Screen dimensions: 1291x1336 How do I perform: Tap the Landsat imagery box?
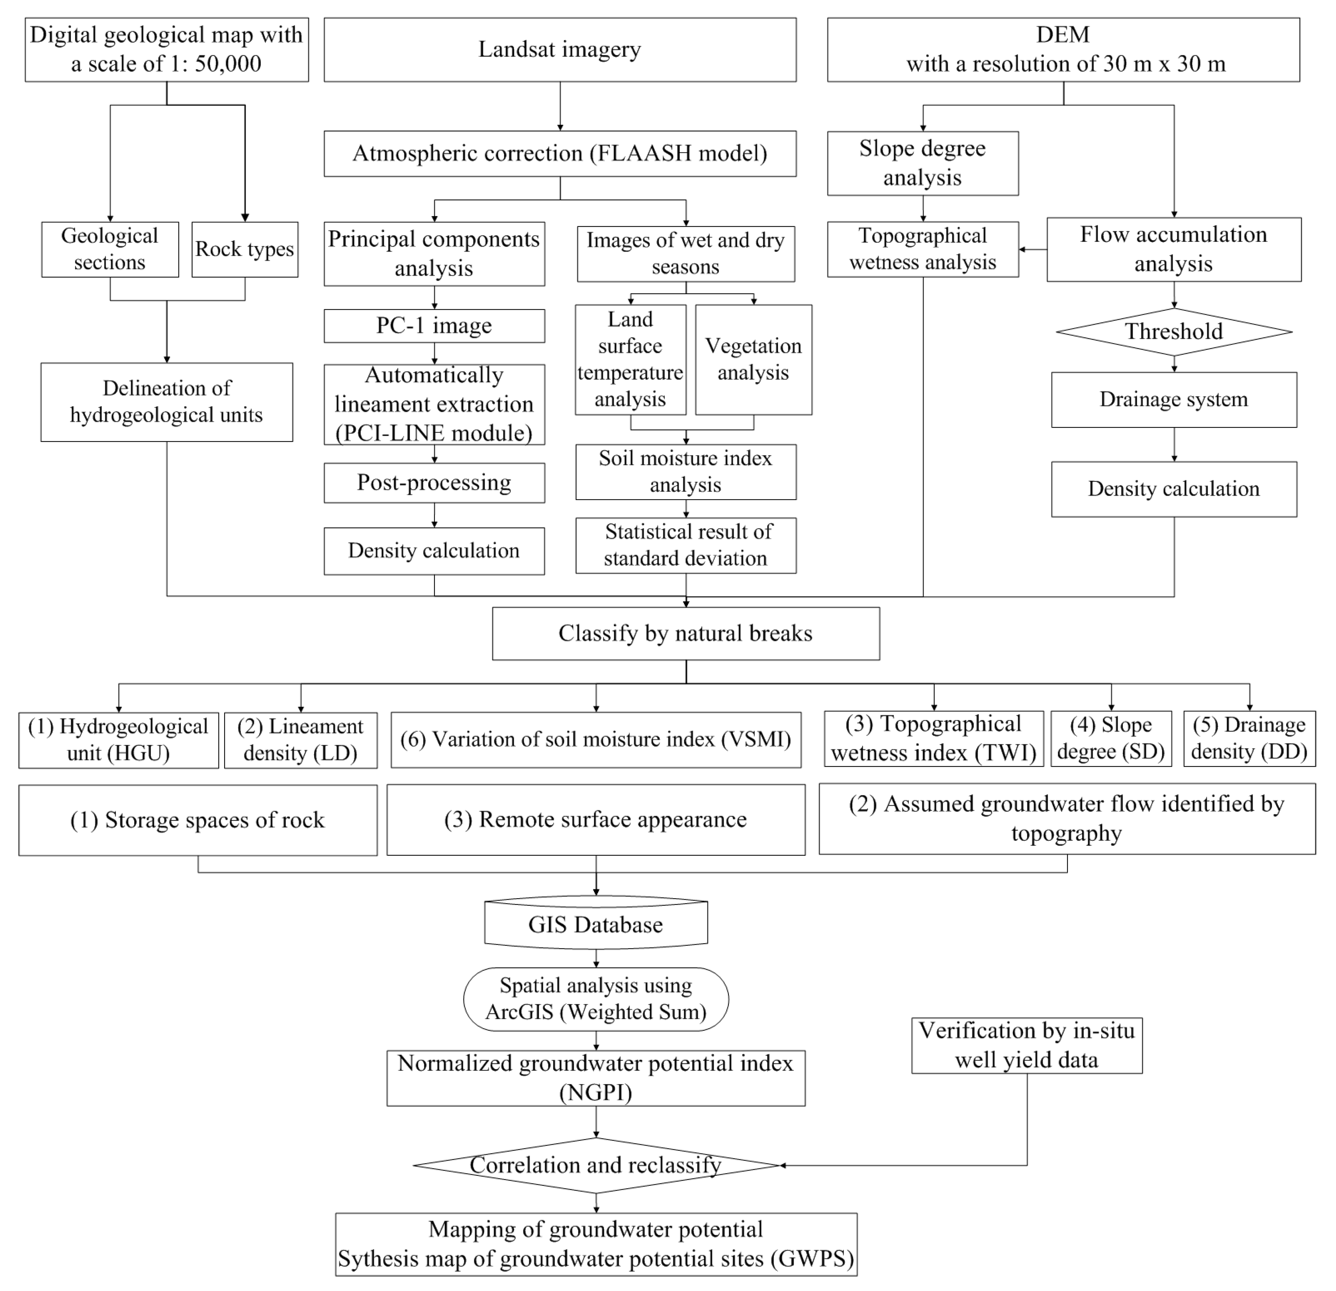[x=560, y=50]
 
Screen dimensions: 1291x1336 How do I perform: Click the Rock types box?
[x=245, y=249]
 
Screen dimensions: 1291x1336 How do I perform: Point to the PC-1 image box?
[x=434, y=326]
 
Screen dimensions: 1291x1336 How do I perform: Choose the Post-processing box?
[x=434, y=483]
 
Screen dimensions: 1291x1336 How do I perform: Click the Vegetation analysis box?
[x=753, y=359]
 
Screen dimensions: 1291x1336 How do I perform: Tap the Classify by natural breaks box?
[x=686, y=633]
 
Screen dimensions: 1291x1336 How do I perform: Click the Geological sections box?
[x=110, y=249]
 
